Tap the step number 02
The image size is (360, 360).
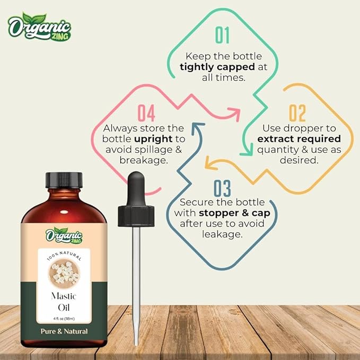click(x=297, y=113)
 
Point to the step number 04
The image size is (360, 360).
click(x=146, y=113)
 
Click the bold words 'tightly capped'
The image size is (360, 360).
click(x=212, y=67)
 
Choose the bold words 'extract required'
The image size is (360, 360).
click(x=299, y=139)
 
